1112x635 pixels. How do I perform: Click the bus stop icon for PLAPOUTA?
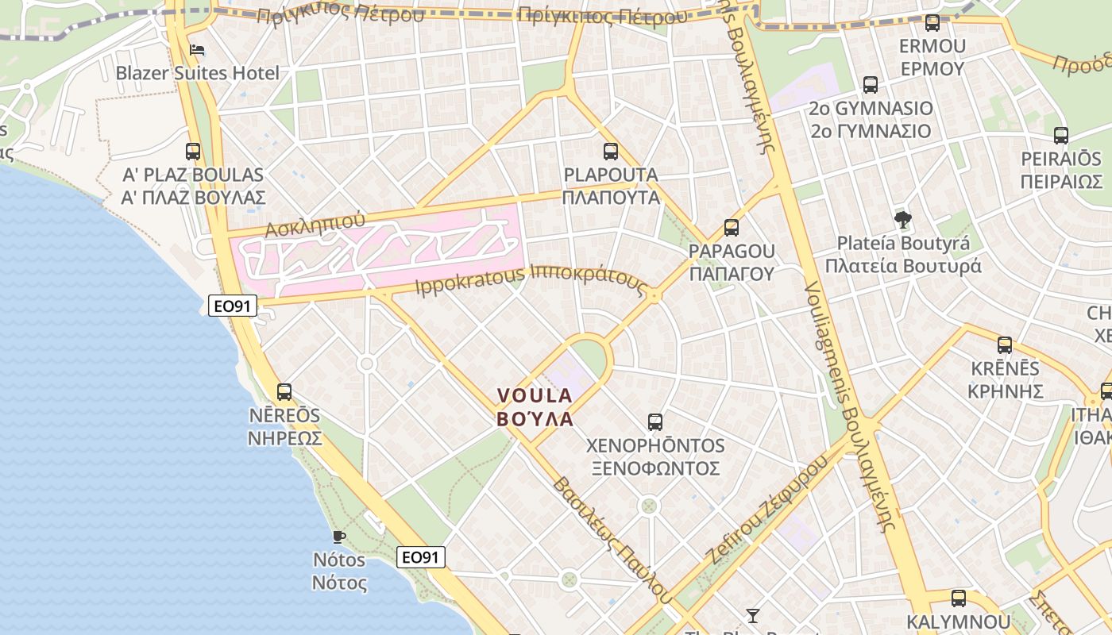[x=610, y=151]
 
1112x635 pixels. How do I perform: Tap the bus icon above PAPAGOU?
[x=731, y=228]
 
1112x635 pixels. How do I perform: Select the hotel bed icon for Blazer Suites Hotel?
[x=197, y=50]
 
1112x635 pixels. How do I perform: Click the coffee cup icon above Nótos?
[x=339, y=536]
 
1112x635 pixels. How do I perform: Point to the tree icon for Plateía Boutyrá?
[x=902, y=219]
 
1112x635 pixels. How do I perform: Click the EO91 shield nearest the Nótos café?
[x=420, y=557]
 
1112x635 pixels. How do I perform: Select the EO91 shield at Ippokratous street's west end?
[x=233, y=305]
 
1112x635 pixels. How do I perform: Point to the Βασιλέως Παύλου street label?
[x=608, y=537]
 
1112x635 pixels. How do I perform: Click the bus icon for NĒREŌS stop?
[x=284, y=391]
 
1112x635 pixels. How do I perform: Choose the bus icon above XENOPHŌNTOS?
[x=654, y=421]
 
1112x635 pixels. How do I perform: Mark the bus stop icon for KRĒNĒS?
[x=1005, y=345]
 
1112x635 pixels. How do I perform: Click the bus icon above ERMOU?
[x=932, y=23]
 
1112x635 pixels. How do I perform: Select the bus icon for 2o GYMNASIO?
[x=870, y=85]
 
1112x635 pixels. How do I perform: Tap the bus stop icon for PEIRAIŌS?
[x=1060, y=136]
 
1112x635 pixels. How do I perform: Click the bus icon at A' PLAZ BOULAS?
[x=192, y=151]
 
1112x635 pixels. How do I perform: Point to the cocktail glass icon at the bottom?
[x=752, y=615]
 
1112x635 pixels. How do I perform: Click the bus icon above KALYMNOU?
[x=959, y=598]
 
